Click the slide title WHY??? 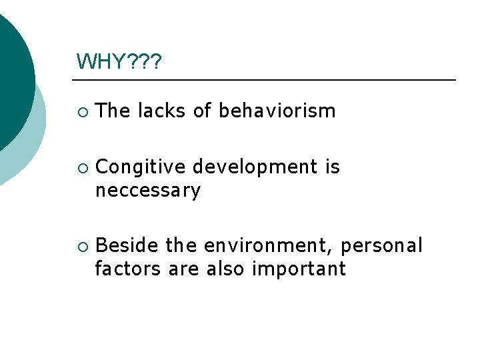[119, 62]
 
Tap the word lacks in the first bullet [162, 111]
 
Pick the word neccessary [147, 191]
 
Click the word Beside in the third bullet [127, 246]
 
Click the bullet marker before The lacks [81, 112]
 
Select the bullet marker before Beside [81, 247]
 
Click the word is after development [332, 167]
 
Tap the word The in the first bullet [113, 111]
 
